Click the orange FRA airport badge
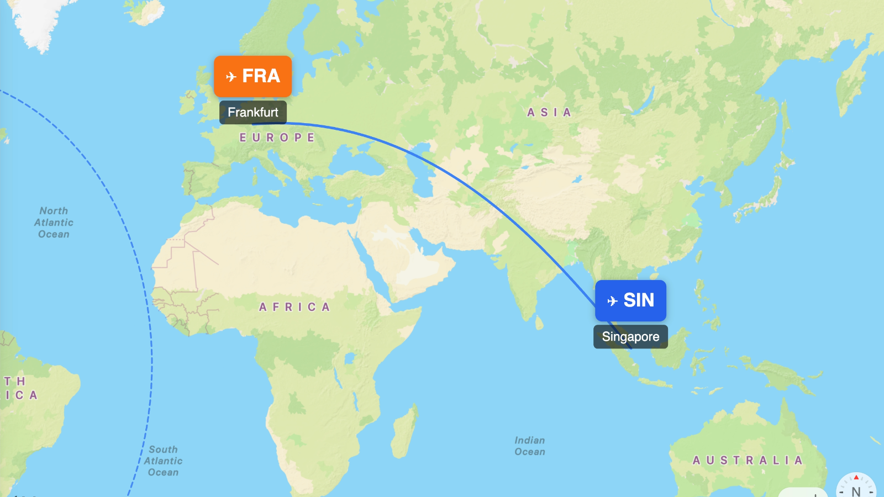pyautogui.click(x=252, y=76)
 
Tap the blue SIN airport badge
pyautogui.click(x=630, y=300)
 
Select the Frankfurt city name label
pyautogui.click(x=253, y=112)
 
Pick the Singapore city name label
pyautogui.click(x=630, y=337)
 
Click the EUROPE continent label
pyautogui.click(x=277, y=138)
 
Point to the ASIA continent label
pyautogui.click(x=549, y=113)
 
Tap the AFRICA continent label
pyautogui.click(x=294, y=307)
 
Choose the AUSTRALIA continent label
pyautogui.click(x=748, y=460)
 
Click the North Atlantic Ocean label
pyautogui.click(x=54, y=223)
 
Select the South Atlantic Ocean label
pyautogui.click(x=163, y=461)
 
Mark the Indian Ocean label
pyautogui.click(x=529, y=446)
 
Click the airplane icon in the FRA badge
pyautogui.click(x=231, y=77)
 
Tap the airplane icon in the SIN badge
pyautogui.click(x=612, y=301)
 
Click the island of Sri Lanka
pyautogui.click(x=539, y=321)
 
